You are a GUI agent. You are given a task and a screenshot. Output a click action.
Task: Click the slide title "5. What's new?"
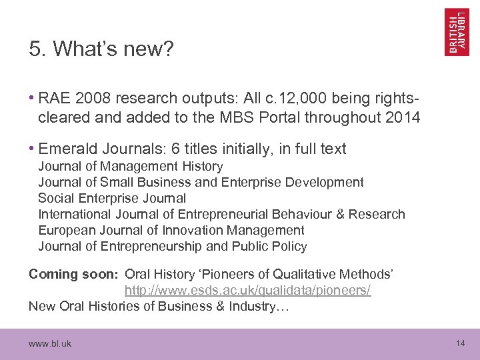coord(101,49)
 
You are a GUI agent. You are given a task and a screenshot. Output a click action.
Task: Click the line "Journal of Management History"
coord(130,166)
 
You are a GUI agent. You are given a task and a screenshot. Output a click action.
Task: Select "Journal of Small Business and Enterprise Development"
coord(201,182)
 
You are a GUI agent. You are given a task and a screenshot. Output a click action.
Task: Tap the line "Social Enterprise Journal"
coord(112,198)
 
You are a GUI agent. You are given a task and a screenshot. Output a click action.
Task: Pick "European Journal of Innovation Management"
coord(171,230)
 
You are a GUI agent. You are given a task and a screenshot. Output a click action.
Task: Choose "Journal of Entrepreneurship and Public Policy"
coord(173,246)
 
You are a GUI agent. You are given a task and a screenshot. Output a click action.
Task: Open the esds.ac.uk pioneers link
coord(247,290)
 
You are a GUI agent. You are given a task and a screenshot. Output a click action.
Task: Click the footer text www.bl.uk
coord(50,343)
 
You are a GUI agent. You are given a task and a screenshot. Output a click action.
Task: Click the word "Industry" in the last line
coord(259,306)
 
